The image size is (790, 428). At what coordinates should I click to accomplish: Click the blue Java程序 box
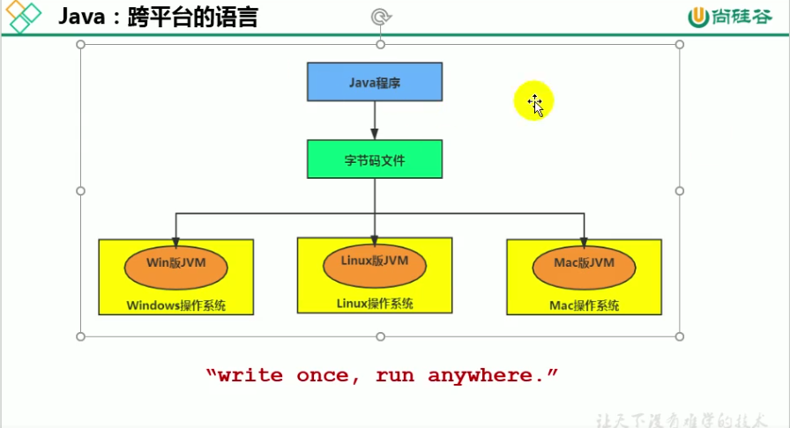click(x=374, y=82)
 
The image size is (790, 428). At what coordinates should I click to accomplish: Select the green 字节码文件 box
click(x=374, y=159)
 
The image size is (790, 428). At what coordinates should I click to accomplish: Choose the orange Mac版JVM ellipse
click(x=583, y=267)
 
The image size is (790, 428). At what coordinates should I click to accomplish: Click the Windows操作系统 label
click(x=175, y=306)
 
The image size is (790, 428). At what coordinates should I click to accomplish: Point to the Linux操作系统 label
click(x=374, y=303)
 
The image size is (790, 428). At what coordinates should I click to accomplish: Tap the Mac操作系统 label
click(x=583, y=306)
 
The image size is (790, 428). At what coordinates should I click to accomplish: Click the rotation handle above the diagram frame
click(x=380, y=16)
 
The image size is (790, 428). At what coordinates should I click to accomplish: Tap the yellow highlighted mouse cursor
click(x=534, y=103)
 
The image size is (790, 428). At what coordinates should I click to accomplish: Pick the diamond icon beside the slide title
click(x=24, y=17)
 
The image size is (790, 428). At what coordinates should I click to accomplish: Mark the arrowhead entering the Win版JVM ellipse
click(x=175, y=242)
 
